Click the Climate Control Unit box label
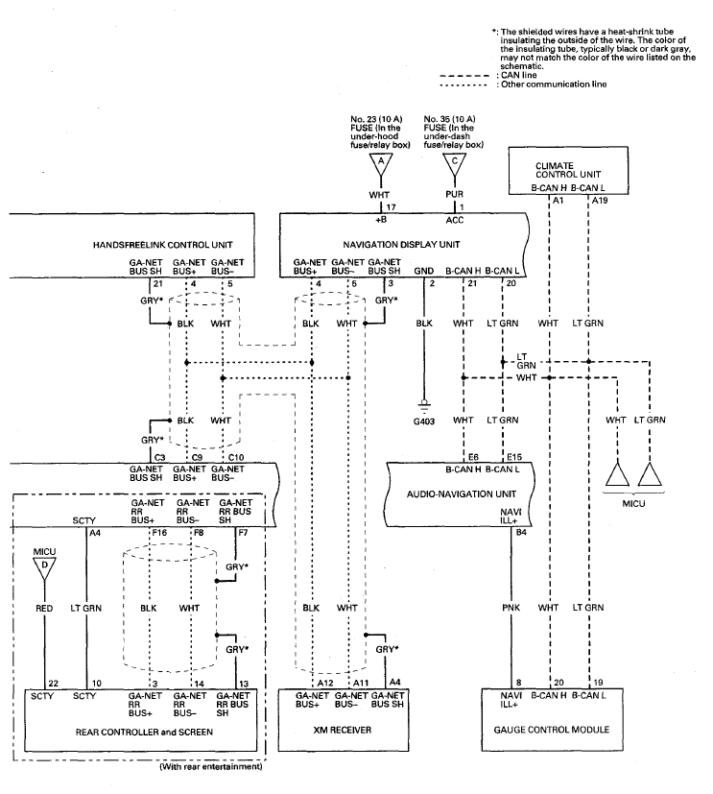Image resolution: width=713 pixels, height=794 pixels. coord(568,170)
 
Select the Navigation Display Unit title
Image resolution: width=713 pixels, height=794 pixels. coord(401,245)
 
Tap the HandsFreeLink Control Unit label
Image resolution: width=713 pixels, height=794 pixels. coord(162,245)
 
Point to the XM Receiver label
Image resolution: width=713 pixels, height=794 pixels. coord(344,730)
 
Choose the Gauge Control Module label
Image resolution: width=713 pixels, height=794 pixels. coord(552,730)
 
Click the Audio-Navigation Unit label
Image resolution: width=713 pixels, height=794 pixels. coord(462,493)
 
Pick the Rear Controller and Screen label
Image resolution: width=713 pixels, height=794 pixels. coord(144,733)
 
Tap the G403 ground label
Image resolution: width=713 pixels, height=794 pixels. coord(424,421)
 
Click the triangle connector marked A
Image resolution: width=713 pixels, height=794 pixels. coord(381,163)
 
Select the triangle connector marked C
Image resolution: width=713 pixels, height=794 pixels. coord(455,163)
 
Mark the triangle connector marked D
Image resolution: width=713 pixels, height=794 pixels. coord(44,567)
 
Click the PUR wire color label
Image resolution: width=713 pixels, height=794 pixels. coord(455,195)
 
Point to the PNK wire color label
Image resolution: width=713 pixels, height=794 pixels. coord(511,608)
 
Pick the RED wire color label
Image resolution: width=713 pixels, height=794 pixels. coord(44,608)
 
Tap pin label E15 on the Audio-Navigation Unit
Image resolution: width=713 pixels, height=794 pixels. coord(514,457)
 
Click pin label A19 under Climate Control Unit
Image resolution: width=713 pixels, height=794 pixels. coord(600,201)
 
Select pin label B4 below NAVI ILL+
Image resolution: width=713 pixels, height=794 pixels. coord(521,532)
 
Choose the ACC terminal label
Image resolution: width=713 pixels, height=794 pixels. coord(455,220)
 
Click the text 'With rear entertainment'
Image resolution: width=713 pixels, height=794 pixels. coord(211,767)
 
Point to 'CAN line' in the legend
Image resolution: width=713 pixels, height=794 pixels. coord(519,76)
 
